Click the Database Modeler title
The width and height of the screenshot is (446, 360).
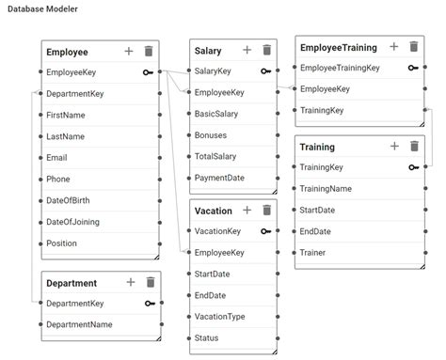coord(43,9)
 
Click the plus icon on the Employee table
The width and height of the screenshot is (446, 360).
coord(129,51)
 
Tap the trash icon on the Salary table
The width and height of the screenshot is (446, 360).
coord(267,50)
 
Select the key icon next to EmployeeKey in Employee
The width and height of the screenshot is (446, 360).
coord(148,71)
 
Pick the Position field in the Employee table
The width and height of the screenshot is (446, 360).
coord(62,243)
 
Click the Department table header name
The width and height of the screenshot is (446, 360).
coord(72,283)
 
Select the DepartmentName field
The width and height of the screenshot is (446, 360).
coord(79,324)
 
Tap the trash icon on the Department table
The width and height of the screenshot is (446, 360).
coord(150,282)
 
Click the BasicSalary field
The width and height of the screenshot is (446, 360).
coord(220,114)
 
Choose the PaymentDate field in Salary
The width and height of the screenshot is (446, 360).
coord(220,178)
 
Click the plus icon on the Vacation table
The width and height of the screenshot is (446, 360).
coord(247,211)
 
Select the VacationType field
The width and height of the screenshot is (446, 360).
coord(219,317)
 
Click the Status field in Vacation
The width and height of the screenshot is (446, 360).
coord(207,338)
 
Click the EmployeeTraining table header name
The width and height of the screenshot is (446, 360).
coord(338,47)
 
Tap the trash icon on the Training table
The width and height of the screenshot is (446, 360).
coord(413,147)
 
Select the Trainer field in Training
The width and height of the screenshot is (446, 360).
coord(313,253)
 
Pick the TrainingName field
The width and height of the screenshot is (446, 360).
coord(326,189)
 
